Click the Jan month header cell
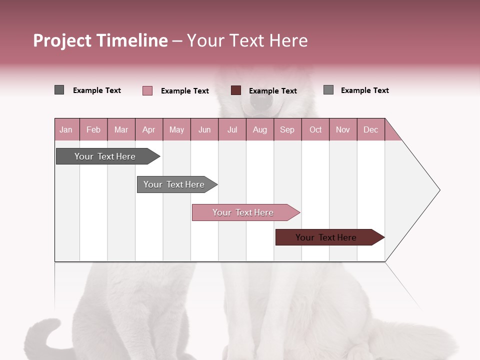[x=66, y=129]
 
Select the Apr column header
[x=148, y=129]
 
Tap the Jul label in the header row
[x=232, y=129]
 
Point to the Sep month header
[x=287, y=129]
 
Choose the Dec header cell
[x=370, y=129]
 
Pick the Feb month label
[x=93, y=129]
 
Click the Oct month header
[x=315, y=129]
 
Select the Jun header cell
[x=204, y=129]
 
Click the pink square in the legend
[x=147, y=90]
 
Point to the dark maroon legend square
[x=236, y=90]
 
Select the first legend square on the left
[x=59, y=90]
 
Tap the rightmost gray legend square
[x=328, y=90]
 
